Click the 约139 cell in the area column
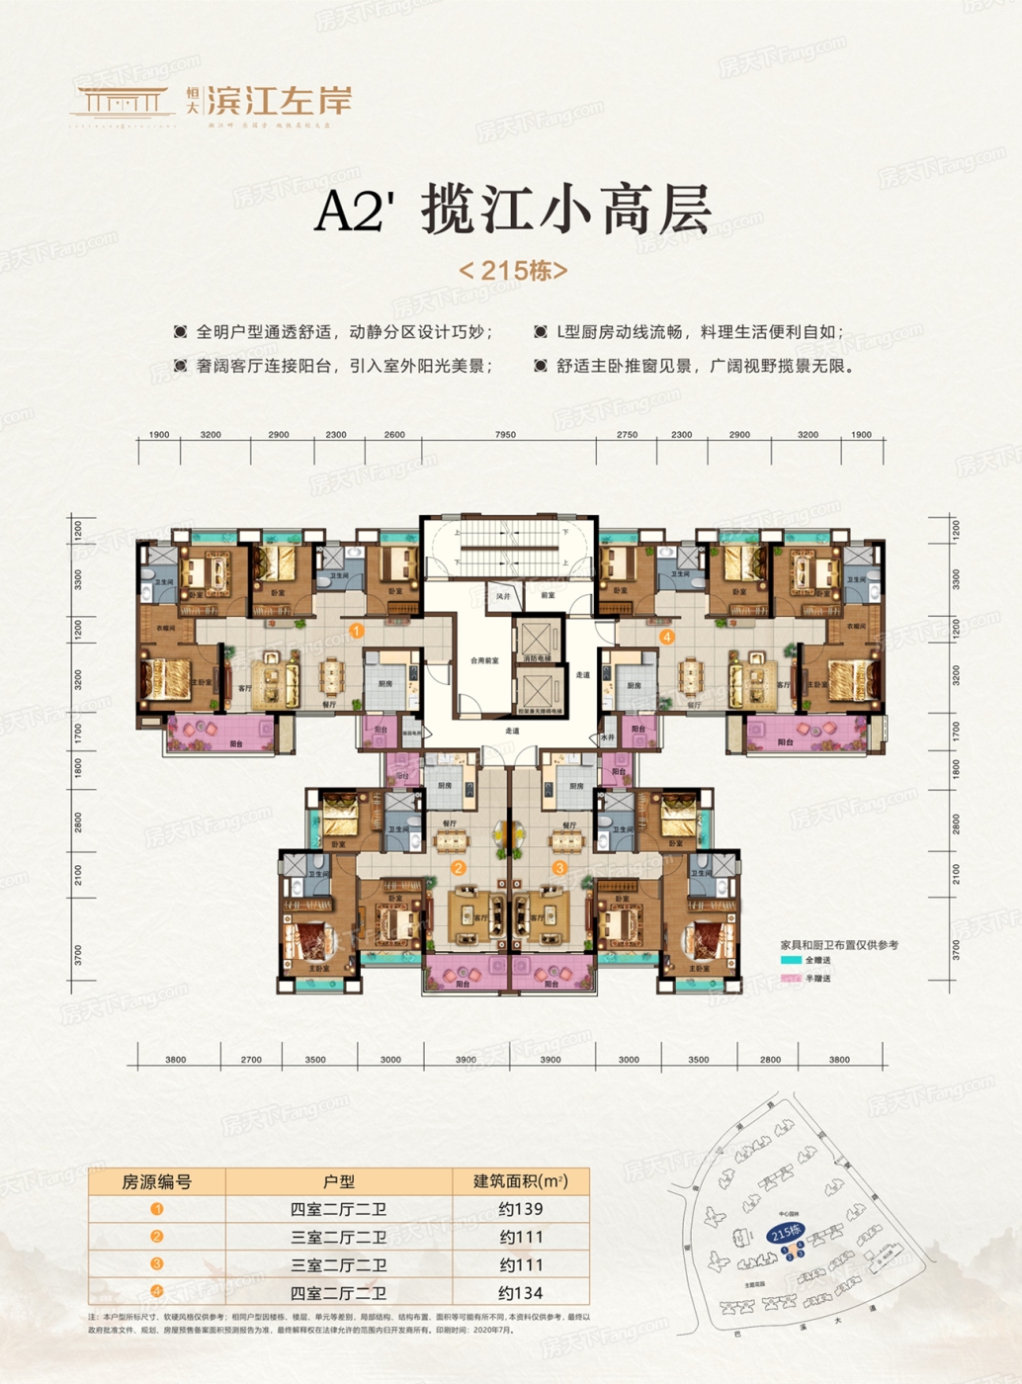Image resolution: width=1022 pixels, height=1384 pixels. [x=520, y=1208]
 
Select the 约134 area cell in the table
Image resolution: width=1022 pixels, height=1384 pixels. [x=520, y=1292]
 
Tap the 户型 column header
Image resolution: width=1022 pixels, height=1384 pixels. [x=338, y=1181]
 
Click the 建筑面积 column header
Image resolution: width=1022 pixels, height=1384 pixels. [x=520, y=1181]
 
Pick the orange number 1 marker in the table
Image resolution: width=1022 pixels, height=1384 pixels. [x=156, y=1208]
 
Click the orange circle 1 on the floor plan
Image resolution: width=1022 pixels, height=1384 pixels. [x=357, y=630]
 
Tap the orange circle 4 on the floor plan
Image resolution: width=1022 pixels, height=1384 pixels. [x=667, y=637]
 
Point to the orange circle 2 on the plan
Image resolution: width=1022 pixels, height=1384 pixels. [x=459, y=868]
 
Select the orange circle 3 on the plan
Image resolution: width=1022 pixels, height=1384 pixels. [x=560, y=868]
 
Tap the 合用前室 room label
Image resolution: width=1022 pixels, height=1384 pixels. [x=484, y=660]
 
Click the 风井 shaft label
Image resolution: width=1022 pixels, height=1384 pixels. [x=503, y=596]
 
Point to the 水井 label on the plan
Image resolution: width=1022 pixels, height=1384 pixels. [x=607, y=737]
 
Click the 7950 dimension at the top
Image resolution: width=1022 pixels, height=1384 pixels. [x=505, y=435]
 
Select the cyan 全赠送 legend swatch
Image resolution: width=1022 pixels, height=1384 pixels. [x=790, y=960]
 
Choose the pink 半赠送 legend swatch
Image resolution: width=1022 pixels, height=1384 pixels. [x=790, y=978]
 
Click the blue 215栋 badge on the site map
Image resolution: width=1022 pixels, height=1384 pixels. [x=785, y=1233]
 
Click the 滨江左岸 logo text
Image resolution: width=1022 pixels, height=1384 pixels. [x=279, y=101]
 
